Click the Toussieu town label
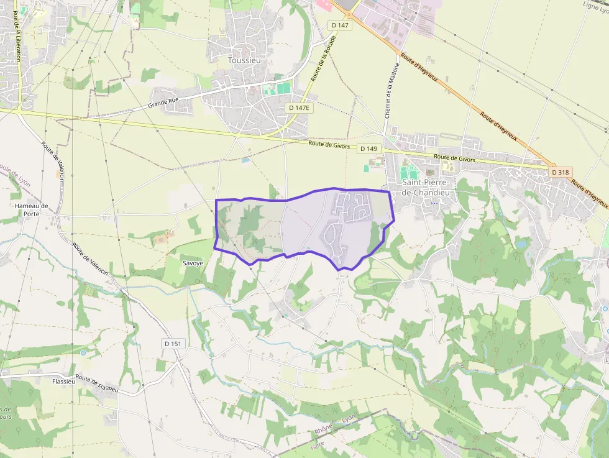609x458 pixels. pos(244,60)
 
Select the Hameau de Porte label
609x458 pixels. pos(31,209)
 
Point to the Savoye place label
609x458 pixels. pos(193,263)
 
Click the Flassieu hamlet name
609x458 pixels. pos(64,381)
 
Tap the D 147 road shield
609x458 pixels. pos(340,25)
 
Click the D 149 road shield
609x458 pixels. pos(369,149)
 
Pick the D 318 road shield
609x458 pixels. pos(561,172)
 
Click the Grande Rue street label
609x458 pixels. pos(163,102)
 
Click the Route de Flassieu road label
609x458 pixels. pos(97,383)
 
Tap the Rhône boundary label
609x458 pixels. pos(324,429)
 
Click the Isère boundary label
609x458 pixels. pos(319,446)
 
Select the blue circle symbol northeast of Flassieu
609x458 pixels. pos(83,352)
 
